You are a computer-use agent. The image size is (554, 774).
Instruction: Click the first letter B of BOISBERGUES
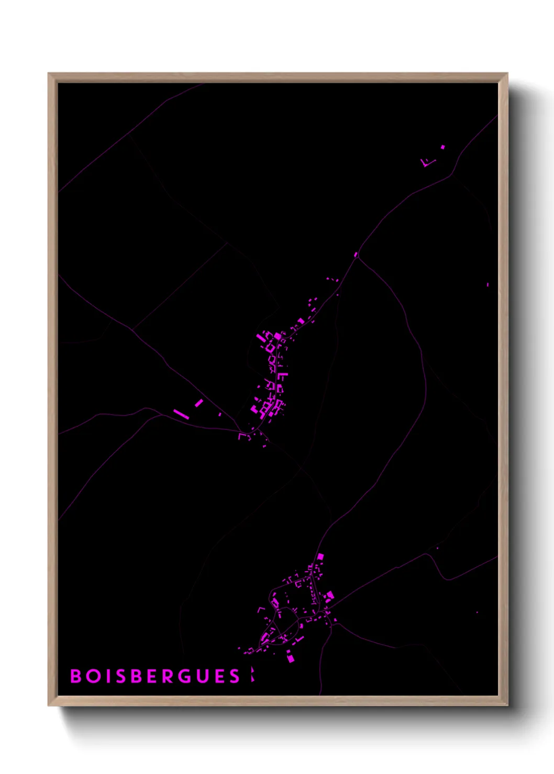click(76, 676)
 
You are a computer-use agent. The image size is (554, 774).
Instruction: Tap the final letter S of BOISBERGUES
click(235, 676)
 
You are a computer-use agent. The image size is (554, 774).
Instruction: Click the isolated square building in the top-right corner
click(442, 147)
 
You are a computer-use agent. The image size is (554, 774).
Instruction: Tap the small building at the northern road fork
click(356, 255)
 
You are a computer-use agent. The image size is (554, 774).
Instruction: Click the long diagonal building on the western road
click(180, 414)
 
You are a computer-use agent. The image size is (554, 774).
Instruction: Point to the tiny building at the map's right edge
click(487, 285)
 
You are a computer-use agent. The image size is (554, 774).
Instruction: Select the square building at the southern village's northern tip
click(320, 556)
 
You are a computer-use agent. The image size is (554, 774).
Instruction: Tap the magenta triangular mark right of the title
click(252, 675)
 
